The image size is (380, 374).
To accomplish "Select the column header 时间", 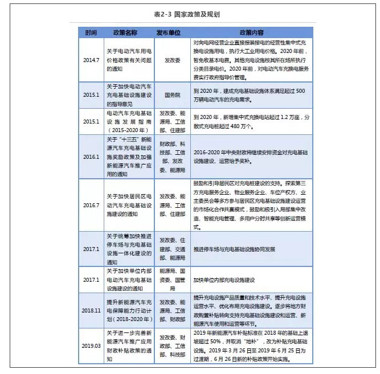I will pos(91,32).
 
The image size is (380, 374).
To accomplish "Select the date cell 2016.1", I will pos(91,157).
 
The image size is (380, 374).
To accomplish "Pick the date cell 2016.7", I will pos(91,205).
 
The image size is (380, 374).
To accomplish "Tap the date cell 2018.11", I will pos(91,311).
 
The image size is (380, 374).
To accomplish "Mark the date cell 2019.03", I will pos(91,345).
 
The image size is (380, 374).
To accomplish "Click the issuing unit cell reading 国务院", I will pos(171,95).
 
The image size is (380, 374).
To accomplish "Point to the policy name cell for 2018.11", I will pos(129,311).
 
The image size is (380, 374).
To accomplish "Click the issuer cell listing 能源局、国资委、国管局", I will pos(171,280).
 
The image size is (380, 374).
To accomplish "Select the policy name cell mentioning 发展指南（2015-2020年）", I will pos(129,121).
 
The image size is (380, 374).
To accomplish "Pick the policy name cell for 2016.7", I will pos(129,205).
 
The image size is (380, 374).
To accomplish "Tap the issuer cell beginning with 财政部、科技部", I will pos(171,157).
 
